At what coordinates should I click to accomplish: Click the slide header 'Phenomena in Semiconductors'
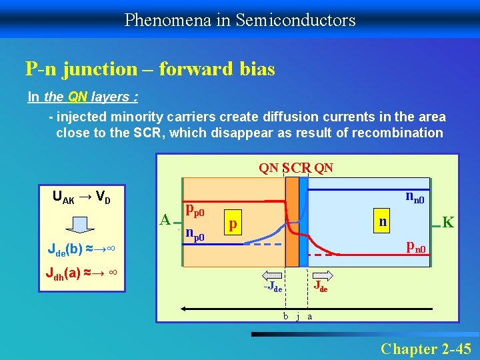[240, 20]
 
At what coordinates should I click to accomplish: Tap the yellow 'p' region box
[232, 224]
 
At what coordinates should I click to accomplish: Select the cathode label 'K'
[448, 222]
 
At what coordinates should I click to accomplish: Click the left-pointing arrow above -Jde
[273, 275]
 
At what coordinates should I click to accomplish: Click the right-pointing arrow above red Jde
[322, 275]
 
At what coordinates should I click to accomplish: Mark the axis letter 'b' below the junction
[285, 316]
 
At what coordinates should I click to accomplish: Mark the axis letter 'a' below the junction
[309, 316]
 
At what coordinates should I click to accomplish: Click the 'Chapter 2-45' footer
[425, 348]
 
